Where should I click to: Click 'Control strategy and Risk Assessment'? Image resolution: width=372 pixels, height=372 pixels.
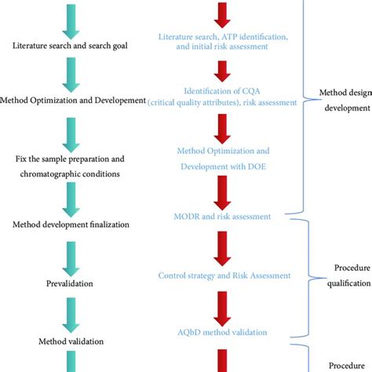[225, 275]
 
